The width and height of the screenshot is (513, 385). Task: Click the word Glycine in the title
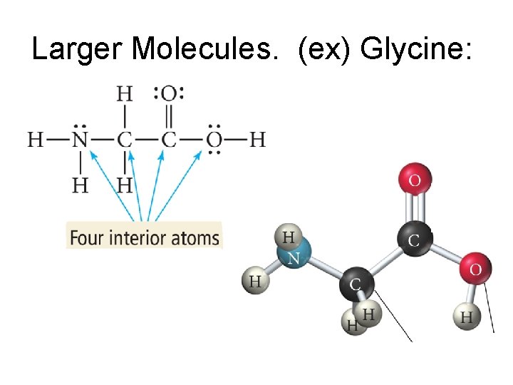pyautogui.click(x=416, y=49)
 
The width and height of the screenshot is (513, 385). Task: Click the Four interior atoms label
pyautogui.click(x=145, y=237)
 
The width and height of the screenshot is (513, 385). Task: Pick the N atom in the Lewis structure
pyautogui.click(x=81, y=139)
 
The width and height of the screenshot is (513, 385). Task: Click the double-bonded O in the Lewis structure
pyautogui.click(x=169, y=93)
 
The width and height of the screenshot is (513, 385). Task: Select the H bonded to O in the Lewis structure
pyautogui.click(x=257, y=139)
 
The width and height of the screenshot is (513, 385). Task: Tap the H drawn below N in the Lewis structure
pyautogui.click(x=81, y=185)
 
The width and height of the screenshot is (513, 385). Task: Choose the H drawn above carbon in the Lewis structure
pyautogui.click(x=125, y=93)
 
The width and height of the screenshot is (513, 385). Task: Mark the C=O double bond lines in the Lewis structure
pyautogui.click(x=169, y=116)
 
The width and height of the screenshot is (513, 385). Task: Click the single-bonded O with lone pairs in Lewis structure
pyautogui.click(x=213, y=139)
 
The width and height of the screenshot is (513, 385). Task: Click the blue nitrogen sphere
pyautogui.click(x=293, y=257)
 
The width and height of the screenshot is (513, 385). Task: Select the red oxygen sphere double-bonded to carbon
pyautogui.click(x=415, y=180)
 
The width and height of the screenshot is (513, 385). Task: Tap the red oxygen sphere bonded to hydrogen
pyautogui.click(x=475, y=269)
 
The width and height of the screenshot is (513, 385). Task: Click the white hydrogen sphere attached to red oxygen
pyautogui.click(x=467, y=317)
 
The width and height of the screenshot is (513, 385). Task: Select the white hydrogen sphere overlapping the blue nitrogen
pyautogui.click(x=289, y=237)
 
